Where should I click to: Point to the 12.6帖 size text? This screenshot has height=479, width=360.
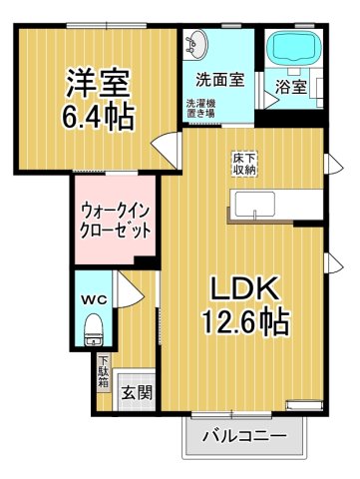pyautogui.click(x=249, y=322)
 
